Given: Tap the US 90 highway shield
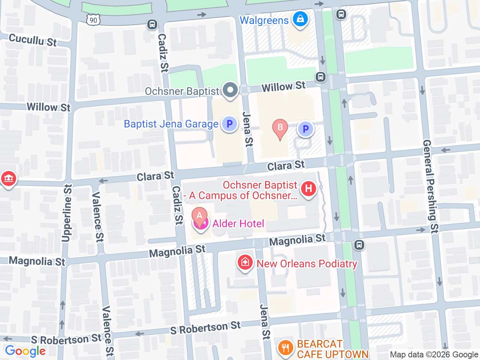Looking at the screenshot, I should pyautogui.click(x=93, y=20).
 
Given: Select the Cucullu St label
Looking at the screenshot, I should pyautogui.click(x=33, y=40).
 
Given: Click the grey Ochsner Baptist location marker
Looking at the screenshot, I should pyautogui.click(x=230, y=90).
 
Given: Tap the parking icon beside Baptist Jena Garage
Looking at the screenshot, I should pyautogui.click(x=229, y=124).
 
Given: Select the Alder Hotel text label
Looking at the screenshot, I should pyautogui.click(x=238, y=224).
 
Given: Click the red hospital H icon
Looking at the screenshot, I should pyautogui.click(x=309, y=188).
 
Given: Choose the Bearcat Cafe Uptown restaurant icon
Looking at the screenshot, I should pyautogui.click(x=285, y=348).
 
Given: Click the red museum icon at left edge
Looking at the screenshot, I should pyautogui.click(x=8, y=178).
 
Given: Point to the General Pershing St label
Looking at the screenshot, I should pyautogui.click(x=430, y=186).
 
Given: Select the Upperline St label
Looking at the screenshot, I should pyautogui.click(x=67, y=213).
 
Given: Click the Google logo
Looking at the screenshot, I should pyautogui.click(x=25, y=351).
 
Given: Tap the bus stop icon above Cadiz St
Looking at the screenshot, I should pyautogui.click(x=152, y=25).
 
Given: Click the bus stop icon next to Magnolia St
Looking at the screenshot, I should pyautogui.click(x=359, y=245).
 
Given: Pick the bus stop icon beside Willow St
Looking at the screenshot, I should pyautogui.click(x=320, y=77).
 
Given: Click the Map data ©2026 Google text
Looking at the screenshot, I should pyautogui.click(x=434, y=354).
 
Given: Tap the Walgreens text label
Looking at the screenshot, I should pyautogui.click(x=264, y=20).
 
